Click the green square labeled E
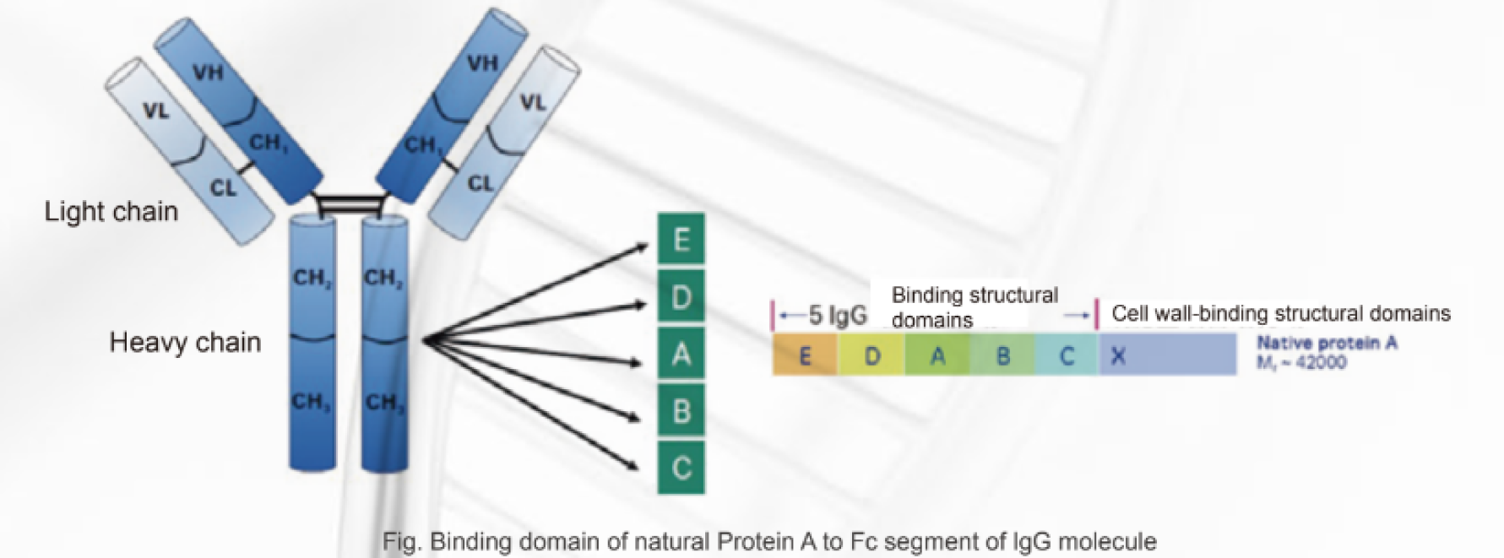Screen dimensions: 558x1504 click(x=681, y=241)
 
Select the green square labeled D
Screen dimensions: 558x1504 click(x=681, y=297)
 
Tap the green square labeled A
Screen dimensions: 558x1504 click(x=681, y=354)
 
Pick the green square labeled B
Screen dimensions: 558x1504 click(x=681, y=410)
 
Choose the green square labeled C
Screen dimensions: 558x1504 click(x=681, y=467)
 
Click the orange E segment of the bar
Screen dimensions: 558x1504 click(x=805, y=355)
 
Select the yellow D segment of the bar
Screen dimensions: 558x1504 click(x=871, y=355)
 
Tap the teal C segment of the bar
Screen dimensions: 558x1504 click(x=1067, y=355)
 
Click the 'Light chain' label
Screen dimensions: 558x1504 click(x=111, y=211)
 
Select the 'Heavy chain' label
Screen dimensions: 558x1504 click(x=185, y=342)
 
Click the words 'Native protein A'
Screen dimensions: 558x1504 click(x=1327, y=343)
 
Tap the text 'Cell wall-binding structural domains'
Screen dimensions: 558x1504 click(x=1280, y=313)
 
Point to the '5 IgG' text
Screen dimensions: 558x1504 click(x=837, y=316)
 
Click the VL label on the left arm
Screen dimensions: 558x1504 click(x=155, y=110)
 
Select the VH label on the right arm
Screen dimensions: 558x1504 click(x=482, y=63)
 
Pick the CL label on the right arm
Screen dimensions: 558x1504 click(x=480, y=183)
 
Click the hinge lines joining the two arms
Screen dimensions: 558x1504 click(x=349, y=203)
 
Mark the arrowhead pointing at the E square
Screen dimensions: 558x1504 click(x=643, y=246)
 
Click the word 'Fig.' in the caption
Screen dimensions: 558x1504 click(x=400, y=541)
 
